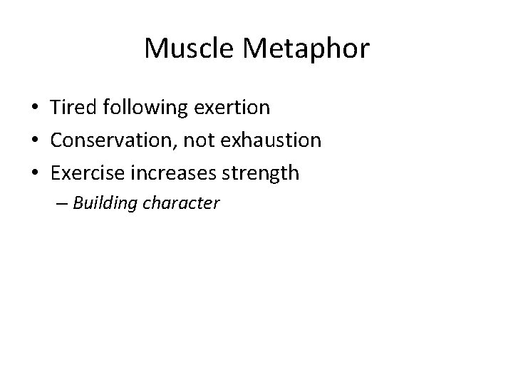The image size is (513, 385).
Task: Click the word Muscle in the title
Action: (184, 49)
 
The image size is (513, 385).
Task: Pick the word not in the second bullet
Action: (197, 140)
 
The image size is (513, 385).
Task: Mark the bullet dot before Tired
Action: (35, 108)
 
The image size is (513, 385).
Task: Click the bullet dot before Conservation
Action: (35, 140)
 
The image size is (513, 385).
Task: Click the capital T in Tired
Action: (56, 108)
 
